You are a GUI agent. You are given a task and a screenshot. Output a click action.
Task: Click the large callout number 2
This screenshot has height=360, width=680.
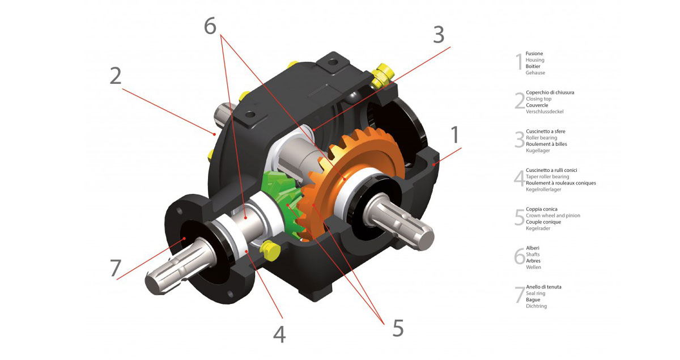click(116, 76)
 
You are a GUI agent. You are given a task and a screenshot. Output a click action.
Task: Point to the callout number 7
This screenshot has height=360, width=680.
click(116, 268)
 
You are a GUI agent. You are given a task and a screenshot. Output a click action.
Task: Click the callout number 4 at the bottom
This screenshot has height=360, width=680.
click(279, 334)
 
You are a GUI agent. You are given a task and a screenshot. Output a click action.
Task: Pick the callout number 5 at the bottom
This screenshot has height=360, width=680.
click(398, 328)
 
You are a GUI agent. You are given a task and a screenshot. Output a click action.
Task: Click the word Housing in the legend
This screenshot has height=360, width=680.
click(535, 60)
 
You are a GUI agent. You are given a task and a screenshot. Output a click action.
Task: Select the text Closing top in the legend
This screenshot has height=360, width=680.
click(538, 99)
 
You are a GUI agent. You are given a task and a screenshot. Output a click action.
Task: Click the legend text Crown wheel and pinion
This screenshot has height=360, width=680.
click(552, 216)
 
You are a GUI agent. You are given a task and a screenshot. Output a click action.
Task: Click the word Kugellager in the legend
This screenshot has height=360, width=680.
click(539, 151)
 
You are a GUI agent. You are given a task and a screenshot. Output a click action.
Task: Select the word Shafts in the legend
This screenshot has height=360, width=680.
click(533, 255)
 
